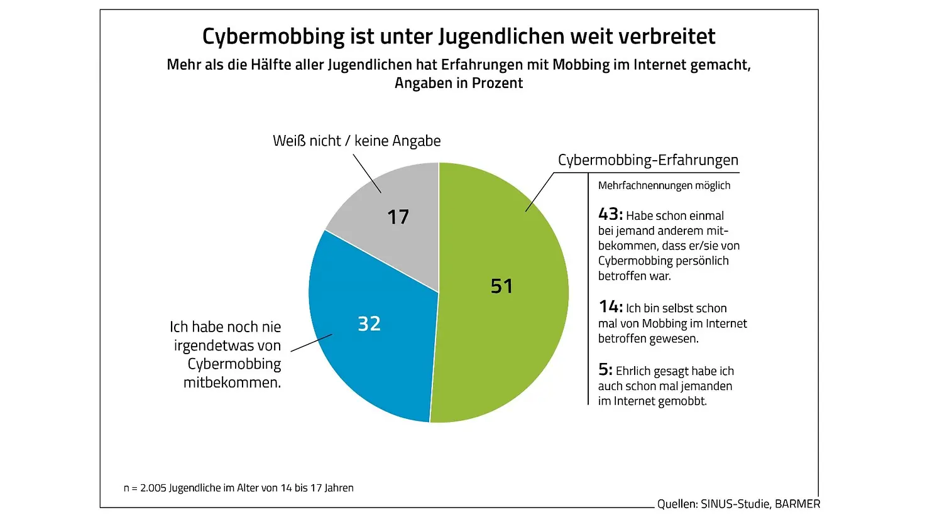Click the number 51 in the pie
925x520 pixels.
point(502,286)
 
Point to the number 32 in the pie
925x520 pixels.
point(369,323)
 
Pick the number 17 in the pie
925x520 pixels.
point(398,217)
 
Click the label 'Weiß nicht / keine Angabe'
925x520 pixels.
point(356,141)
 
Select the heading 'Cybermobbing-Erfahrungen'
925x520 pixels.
point(648,160)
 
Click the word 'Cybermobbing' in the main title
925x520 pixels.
point(273,36)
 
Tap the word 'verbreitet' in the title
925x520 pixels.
point(667,36)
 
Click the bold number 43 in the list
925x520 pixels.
point(610,214)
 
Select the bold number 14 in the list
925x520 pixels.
point(610,307)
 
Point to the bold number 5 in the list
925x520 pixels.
point(605,370)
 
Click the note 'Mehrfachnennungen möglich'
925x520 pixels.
point(664,186)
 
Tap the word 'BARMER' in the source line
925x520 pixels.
point(797,504)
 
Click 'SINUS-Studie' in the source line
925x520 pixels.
point(735,504)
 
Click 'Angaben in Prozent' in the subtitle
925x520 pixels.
point(459,83)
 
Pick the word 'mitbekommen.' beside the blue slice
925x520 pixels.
point(233,382)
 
